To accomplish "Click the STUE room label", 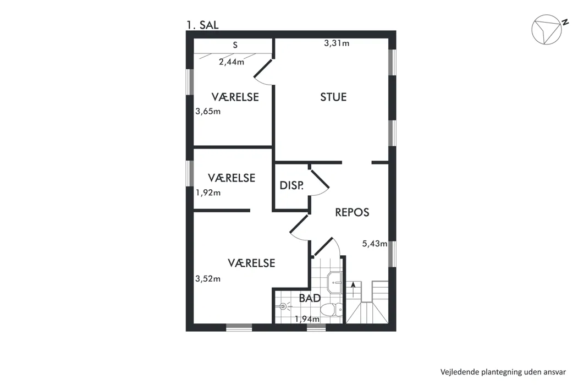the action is [x=333, y=97].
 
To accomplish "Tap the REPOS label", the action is [x=352, y=212].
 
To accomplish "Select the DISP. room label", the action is [x=291, y=185].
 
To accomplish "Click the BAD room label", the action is [x=310, y=298].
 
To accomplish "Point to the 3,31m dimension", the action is [x=337, y=43].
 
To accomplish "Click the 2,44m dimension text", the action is [x=232, y=62].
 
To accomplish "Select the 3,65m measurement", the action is [x=208, y=111].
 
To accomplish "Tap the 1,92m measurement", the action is [x=208, y=193].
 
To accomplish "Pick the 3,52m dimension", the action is [x=208, y=279].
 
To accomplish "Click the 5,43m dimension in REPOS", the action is [x=375, y=244].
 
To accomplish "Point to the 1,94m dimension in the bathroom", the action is [x=307, y=319].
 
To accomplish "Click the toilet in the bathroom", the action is [x=332, y=310].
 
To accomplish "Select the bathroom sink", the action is [x=334, y=283].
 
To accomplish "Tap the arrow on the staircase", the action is [x=354, y=289].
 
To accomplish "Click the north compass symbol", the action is [x=546, y=30].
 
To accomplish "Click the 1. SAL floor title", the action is [x=202, y=25].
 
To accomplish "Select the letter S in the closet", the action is [x=235, y=45].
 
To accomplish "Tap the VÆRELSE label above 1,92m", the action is [x=232, y=178].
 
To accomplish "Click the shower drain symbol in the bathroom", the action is [x=283, y=306].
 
